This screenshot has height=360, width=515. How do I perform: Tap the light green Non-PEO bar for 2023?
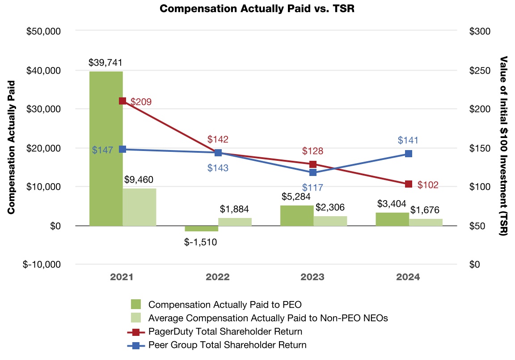330,221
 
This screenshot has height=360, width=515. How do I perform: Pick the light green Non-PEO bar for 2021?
139,207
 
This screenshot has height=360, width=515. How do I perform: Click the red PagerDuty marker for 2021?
122,101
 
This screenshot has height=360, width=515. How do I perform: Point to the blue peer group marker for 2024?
408,154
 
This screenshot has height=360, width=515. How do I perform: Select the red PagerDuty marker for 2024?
408,184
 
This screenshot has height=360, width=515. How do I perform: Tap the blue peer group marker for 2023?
313,172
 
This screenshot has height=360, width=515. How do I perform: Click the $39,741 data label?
106,63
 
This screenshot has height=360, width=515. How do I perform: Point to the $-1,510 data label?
201,242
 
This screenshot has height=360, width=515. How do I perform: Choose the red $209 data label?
141,102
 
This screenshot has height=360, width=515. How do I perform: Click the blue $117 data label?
313,188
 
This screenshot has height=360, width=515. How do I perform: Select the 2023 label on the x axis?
312,277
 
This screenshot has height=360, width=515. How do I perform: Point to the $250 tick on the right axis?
480,71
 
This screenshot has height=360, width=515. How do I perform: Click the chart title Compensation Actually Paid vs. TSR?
257,9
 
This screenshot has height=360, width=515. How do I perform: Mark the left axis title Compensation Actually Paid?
12,147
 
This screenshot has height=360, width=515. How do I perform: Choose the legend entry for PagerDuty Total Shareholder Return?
225,332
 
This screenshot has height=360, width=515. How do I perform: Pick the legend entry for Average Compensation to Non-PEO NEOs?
268,318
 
